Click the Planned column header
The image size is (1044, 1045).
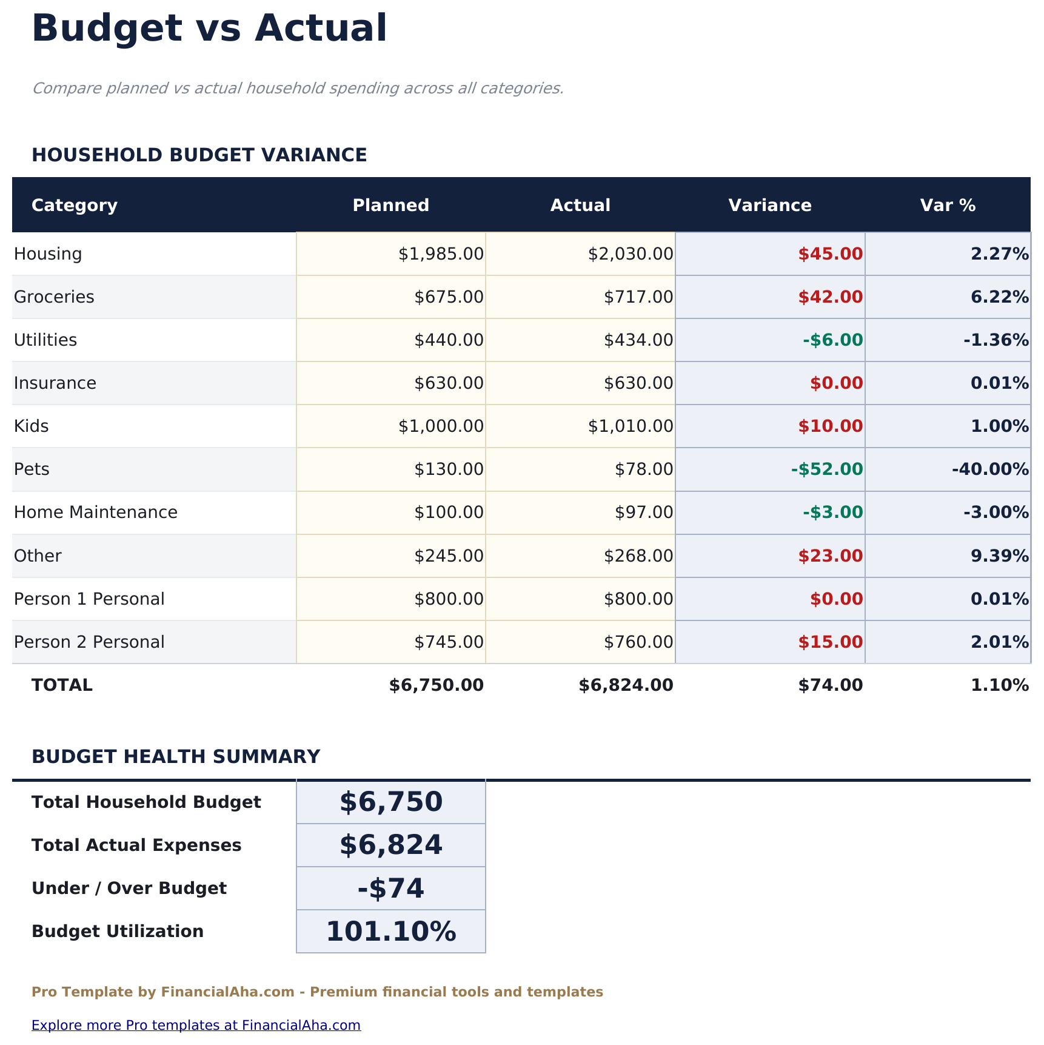pos(390,205)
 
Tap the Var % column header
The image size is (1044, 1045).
pos(948,205)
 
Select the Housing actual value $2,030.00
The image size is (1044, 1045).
pos(631,254)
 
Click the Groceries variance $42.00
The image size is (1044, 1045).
pos(830,297)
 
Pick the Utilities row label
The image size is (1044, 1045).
pos(45,340)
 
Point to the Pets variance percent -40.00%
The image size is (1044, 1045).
pos(990,469)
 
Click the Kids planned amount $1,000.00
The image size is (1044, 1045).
pos(441,426)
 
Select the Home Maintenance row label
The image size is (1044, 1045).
pos(96,512)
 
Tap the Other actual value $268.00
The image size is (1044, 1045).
pos(638,556)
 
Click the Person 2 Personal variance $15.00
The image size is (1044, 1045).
pos(830,642)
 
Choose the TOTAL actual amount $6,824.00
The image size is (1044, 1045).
pos(626,685)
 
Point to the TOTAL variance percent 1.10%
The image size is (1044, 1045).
pos(999,685)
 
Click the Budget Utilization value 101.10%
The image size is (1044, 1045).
pos(391,931)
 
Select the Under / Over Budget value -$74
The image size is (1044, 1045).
pos(391,888)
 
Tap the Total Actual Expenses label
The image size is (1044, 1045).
pos(136,845)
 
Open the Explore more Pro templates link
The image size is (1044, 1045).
pos(196,1024)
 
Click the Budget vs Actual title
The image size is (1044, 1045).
pos(209,28)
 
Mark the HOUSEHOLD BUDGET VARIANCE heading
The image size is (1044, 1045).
pos(199,155)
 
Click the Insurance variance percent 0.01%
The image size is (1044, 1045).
pos(999,383)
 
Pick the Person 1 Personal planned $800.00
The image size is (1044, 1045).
pos(449,599)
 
